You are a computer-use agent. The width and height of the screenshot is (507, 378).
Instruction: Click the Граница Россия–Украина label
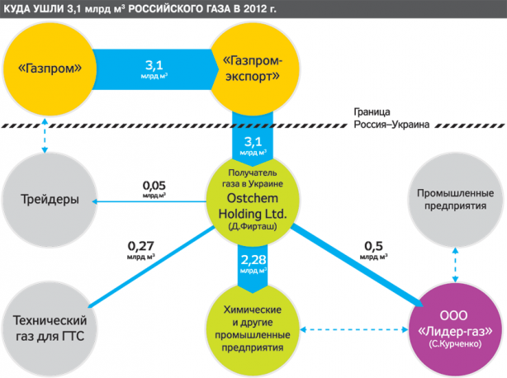click(x=391, y=118)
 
